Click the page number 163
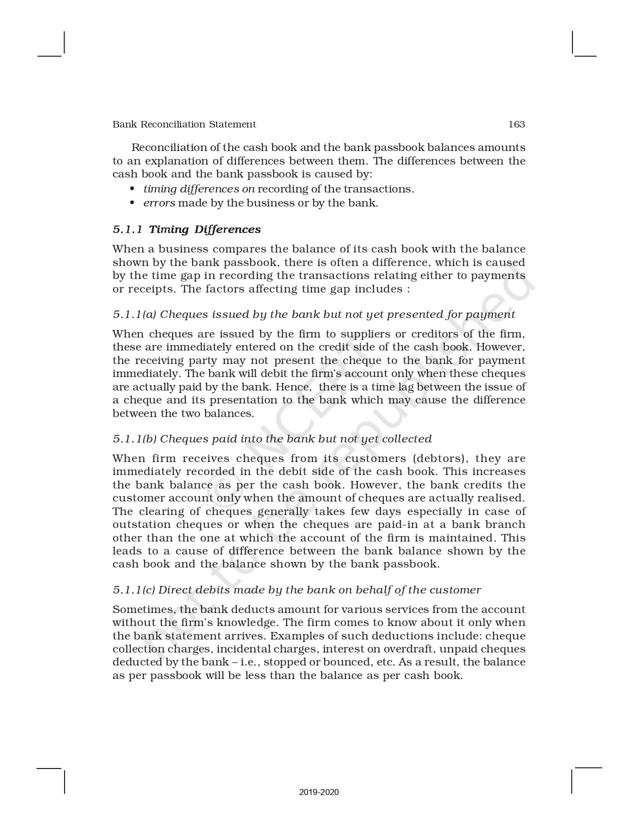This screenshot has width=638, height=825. [x=516, y=124]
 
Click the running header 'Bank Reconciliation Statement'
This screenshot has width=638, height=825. [x=184, y=124]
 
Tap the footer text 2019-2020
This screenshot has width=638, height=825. [x=319, y=792]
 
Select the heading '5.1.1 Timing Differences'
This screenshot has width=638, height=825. [x=187, y=229]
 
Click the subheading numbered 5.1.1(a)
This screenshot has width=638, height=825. [x=314, y=314]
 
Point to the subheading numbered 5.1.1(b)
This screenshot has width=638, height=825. [x=272, y=439]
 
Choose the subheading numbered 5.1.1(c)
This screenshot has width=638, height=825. [x=297, y=590]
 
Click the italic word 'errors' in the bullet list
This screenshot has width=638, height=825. [x=159, y=203]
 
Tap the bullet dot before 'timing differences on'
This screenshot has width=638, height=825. [x=133, y=189]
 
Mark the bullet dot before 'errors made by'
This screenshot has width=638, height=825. [x=133, y=203]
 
